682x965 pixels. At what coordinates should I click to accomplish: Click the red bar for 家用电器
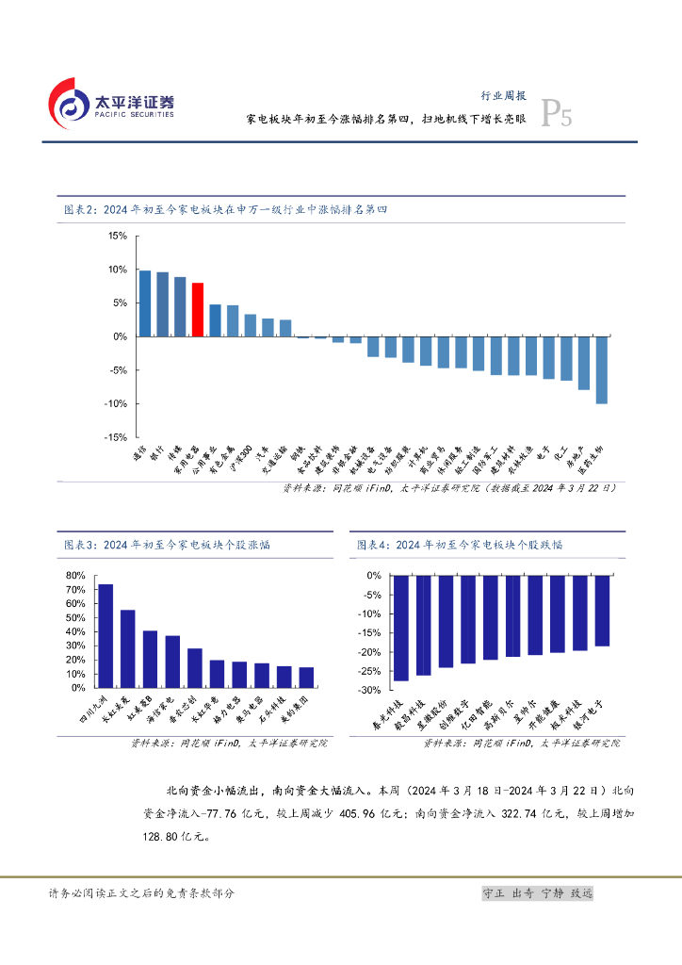pos(198,309)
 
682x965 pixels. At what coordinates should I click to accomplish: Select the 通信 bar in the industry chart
pos(145,303)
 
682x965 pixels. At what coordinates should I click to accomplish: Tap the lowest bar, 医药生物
pos(601,369)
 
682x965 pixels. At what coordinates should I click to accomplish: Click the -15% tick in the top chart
pos(118,437)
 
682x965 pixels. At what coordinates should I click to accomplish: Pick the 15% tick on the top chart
pos(118,237)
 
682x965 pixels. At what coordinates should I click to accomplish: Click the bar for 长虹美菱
pos(127,650)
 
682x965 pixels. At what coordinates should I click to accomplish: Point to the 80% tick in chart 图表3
pos(75,576)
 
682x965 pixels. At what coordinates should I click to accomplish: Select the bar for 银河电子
pos(602,610)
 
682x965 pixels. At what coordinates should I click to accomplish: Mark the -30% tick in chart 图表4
pos(369,691)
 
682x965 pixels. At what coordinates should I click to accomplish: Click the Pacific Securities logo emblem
pos(68,103)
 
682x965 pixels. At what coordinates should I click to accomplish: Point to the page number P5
pos(557,117)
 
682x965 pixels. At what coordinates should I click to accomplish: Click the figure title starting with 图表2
pos(225,210)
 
